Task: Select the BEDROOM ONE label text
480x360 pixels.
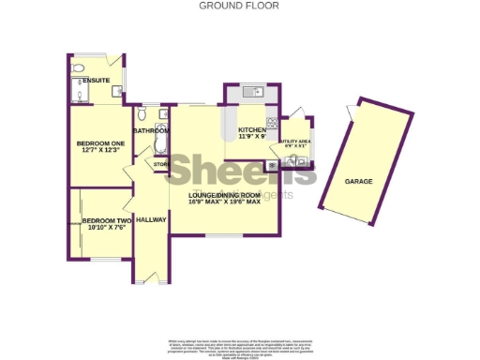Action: pos(98,142)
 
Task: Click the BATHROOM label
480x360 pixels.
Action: pos(151,131)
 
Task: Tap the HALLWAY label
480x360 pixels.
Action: pos(151,219)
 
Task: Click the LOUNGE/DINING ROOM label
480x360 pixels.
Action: pos(223,194)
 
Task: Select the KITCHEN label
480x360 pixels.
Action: pos(251,129)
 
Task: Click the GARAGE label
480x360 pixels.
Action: pos(357,181)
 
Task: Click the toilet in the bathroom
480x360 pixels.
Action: pos(142,114)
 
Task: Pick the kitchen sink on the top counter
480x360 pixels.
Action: pos(250,92)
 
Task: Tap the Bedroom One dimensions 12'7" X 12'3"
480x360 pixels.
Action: pos(98,150)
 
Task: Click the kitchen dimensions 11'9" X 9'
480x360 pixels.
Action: pos(252,137)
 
